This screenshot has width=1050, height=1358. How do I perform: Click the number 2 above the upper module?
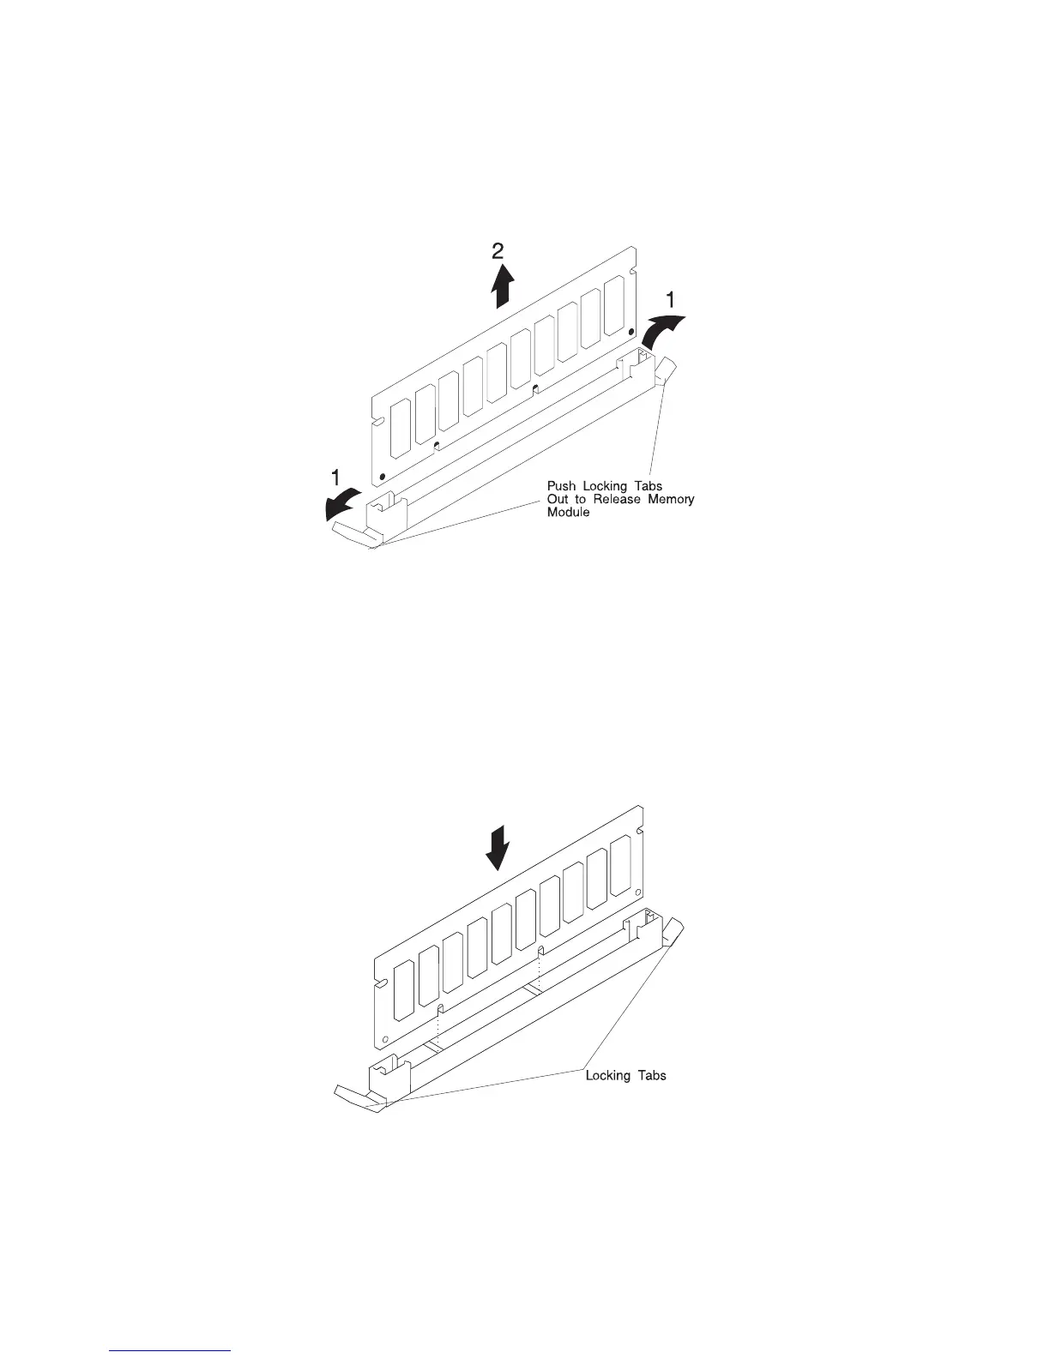[x=498, y=251]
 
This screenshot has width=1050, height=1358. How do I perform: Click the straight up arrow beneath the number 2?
[x=502, y=285]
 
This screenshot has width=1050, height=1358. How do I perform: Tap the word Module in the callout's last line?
[x=569, y=512]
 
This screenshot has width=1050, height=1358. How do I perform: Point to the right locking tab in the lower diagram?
[x=674, y=931]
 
